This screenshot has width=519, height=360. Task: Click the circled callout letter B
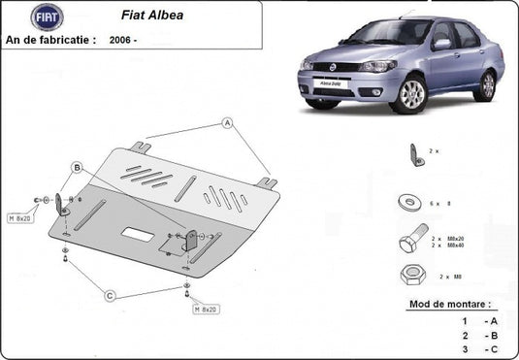[x=76, y=168]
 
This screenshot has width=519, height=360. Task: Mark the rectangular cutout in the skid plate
[x=136, y=234]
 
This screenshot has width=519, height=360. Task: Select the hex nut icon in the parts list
[x=409, y=275]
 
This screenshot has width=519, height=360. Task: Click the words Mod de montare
[x=451, y=304]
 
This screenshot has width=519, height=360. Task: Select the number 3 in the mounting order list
[x=465, y=347]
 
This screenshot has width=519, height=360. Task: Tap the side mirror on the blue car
[x=442, y=44]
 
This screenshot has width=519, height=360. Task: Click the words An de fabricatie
[x=50, y=40]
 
